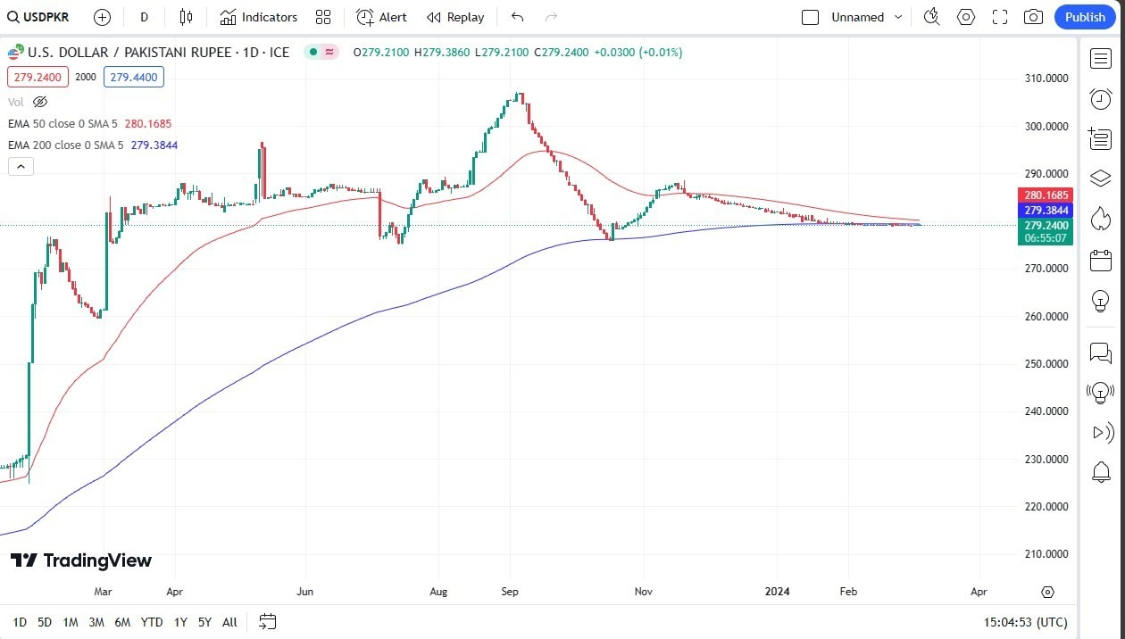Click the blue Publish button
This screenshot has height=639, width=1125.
pos(1085,17)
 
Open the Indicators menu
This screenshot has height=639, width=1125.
pos(259,17)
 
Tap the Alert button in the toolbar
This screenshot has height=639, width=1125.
pos(381,17)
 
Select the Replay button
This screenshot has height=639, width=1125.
pos(455,17)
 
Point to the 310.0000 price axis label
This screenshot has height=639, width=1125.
pos(1046,79)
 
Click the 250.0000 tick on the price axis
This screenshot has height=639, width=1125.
pos(1046,364)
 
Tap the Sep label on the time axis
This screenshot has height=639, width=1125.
pos(510,592)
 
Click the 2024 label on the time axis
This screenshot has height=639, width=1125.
pos(778,592)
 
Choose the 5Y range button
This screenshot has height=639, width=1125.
pos(204,622)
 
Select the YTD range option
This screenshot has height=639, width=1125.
pos(152,622)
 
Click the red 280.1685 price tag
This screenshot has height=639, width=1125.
pos(1046,195)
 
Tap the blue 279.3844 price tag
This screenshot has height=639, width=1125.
pos(1046,211)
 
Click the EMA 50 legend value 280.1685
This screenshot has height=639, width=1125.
pos(149,124)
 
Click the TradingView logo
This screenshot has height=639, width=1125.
pos(81,560)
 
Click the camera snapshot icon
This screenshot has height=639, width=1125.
pos(1033,17)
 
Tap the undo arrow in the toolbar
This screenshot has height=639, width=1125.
pos(517,17)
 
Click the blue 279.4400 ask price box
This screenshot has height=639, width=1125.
pos(134,78)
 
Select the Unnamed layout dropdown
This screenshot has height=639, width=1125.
pos(866,17)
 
